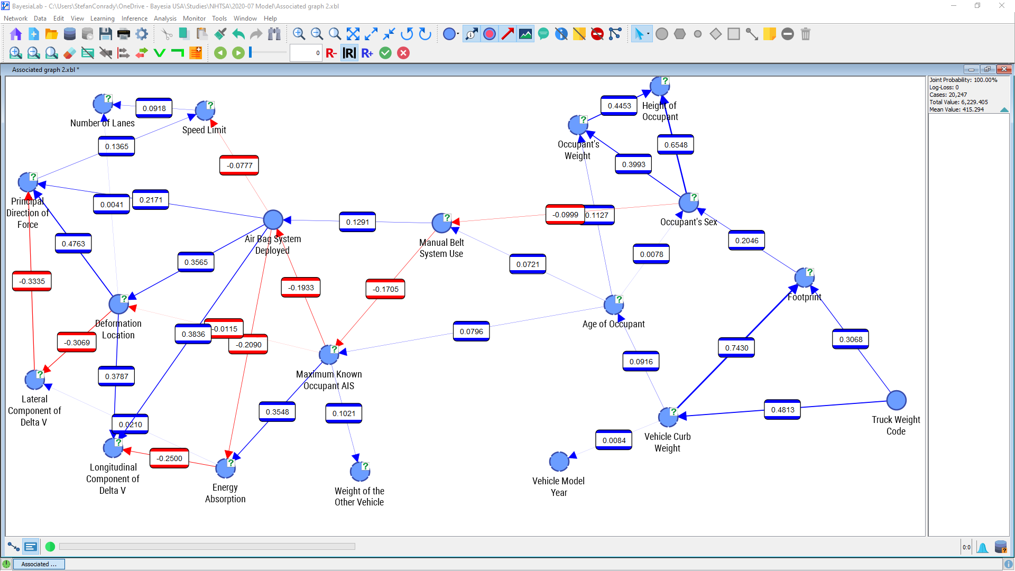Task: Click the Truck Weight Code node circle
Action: coord(896,400)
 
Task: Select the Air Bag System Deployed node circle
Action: coord(273,220)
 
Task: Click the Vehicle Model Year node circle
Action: coord(559,462)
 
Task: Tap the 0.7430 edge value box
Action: coord(736,348)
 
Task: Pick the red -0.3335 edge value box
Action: coord(32,281)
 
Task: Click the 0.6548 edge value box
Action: coord(676,145)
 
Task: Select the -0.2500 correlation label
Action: coord(169,458)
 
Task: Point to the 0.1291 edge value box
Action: coord(357,222)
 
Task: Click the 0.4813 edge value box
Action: coord(782,410)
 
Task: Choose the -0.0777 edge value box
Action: coord(239,165)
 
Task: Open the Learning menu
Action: coord(102,19)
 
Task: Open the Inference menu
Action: coord(134,19)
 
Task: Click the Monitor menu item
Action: coord(194,19)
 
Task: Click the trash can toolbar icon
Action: coord(805,34)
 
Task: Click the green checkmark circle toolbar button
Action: coord(385,53)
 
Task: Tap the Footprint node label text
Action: coord(804,297)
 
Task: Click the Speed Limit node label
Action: coord(204,130)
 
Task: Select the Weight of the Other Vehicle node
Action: coord(360,471)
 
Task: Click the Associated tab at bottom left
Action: coord(39,564)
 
